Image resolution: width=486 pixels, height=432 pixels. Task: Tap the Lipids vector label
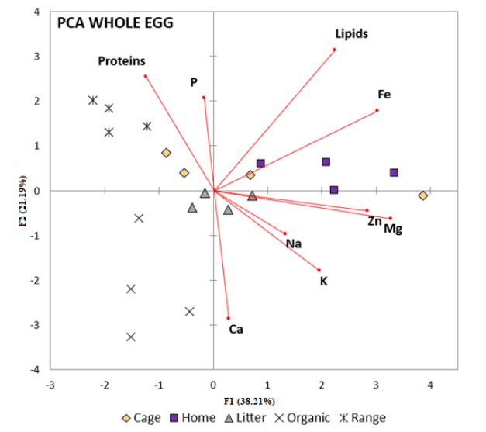pos(351,34)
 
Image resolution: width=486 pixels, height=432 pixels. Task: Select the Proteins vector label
pos(122,61)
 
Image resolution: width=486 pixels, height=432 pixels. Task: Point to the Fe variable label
pos(384,95)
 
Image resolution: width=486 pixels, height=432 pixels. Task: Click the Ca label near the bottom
pos(236,330)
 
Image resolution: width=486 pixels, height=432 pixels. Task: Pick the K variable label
pos(324,281)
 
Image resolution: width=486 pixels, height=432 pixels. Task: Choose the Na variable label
pos(293,244)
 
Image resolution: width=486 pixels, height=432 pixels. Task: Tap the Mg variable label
pos(393,230)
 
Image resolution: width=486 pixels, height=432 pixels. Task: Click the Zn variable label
pos(374,221)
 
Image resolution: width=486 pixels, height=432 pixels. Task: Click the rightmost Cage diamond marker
pos(423,195)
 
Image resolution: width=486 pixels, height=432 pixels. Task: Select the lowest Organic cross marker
pos(131,337)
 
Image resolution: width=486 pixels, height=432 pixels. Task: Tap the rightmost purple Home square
pos(394,172)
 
